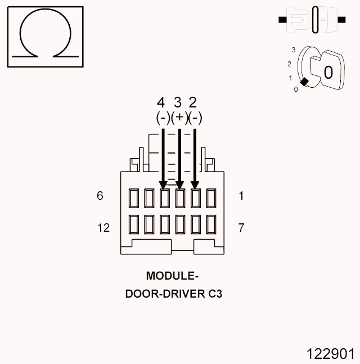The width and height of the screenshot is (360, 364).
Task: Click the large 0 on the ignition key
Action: tap(328, 72)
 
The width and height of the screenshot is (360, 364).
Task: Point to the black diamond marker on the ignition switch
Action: tap(304, 82)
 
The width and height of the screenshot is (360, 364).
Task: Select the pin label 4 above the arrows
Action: tap(161, 102)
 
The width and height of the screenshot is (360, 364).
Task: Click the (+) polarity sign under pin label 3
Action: tap(179, 118)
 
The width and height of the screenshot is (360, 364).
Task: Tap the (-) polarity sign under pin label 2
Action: tap(195, 118)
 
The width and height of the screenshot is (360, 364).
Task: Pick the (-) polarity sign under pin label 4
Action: tap(163, 118)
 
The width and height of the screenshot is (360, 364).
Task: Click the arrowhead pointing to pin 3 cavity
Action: tap(180, 185)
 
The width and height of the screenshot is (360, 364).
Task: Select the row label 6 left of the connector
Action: tap(100, 196)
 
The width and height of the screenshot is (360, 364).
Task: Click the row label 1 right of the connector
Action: tap(241, 196)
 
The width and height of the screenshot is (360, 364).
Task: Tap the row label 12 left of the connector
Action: tap(103, 228)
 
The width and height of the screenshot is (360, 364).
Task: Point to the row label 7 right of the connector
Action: tap(241, 228)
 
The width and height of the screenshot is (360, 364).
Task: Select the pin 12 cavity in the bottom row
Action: tap(134, 224)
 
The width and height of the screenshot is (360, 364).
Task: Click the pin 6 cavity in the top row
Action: tap(134, 198)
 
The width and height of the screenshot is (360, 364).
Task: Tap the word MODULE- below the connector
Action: tap(173, 276)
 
